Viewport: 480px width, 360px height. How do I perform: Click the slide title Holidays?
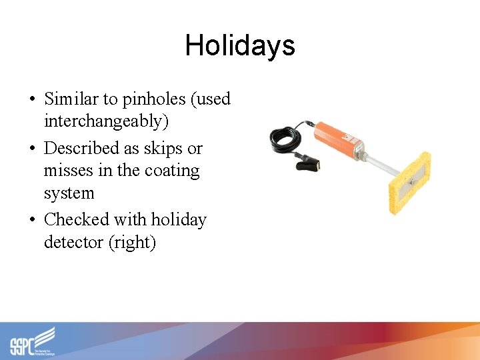click(x=239, y=45)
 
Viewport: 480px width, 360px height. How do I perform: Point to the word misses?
click(x=69, y=171)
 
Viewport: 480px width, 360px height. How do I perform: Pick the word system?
click(x=69, y=193)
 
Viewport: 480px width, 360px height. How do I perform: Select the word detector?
click(x=73, y=242)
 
